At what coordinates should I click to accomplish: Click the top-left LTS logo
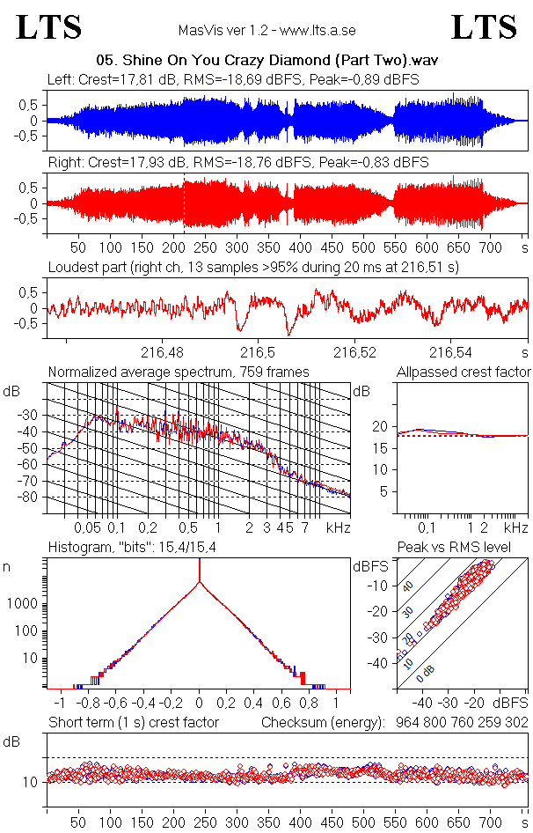[x=49, y=27]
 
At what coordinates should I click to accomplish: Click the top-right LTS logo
[x=484, y=27]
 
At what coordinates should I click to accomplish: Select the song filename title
[x=266, y=61]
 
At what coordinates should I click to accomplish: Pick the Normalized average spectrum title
[x=179, y=372]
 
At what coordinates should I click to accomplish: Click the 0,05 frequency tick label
[x=87, y=527]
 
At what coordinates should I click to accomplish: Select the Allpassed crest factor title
[x=464, y=372]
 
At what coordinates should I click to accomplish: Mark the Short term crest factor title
[x=133, y=723]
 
